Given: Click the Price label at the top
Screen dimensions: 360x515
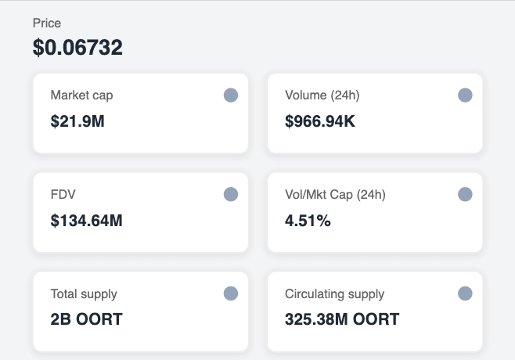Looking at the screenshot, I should tap(46, 23).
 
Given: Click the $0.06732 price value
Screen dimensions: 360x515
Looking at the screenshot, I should tap(77, 48).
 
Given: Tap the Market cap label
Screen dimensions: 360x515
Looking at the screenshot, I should tap(81, 95).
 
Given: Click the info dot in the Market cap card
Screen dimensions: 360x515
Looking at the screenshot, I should tap(231, 95).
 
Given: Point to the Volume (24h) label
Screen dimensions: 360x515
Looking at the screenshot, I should tap(322, 95).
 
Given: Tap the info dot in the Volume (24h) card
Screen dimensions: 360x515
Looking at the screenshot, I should tap(465, 95).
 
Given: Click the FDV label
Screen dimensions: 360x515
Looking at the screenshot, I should tap(63, 195).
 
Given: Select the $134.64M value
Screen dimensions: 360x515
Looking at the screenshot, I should tap(87, 221).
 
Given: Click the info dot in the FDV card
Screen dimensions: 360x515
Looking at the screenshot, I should tap(231, 195).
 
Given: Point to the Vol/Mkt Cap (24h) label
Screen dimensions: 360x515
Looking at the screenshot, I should tap(335, 195).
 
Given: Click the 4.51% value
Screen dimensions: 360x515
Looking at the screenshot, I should tap(308, 221).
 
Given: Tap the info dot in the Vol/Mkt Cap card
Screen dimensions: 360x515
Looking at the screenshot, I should tap(465, 195).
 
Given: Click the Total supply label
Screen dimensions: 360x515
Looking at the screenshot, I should tap(84, 294).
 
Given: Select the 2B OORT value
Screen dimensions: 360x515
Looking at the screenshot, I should tap(86, 319).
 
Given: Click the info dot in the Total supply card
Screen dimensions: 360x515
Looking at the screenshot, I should tap(231, 294).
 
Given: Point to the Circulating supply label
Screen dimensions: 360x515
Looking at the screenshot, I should tap(334, 294).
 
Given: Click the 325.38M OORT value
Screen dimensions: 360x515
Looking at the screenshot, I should tap(342, 319).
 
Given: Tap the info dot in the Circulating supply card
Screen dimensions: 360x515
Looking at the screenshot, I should tap(465, 294).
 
